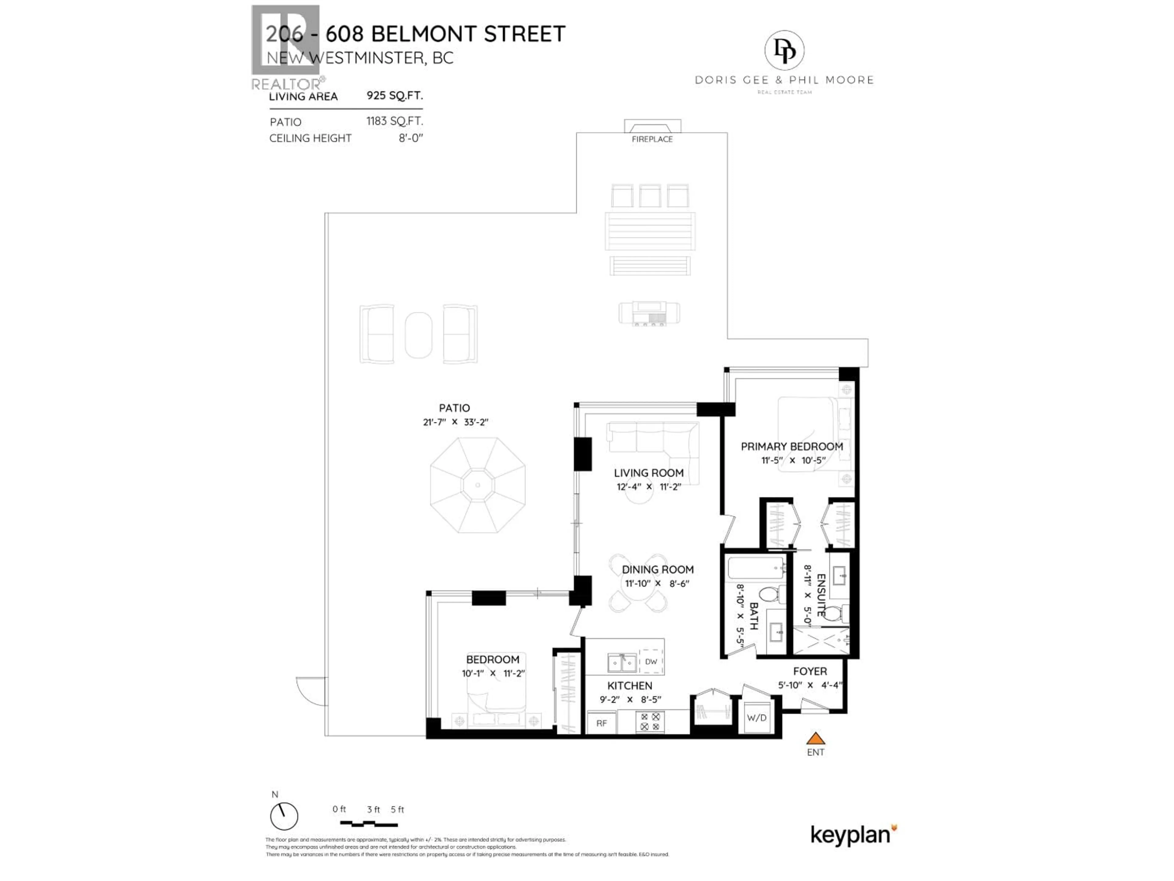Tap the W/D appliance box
point(757,718)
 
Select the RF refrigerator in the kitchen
point(601,723)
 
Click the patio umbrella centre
point(478,485)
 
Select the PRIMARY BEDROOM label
point(792,447)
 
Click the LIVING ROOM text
point(648,473)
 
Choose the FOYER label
point(810,671)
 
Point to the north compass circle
point(284,816)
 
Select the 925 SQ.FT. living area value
point(394,95)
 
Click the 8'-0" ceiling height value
point(411,138)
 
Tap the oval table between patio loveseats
point(418,335)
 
